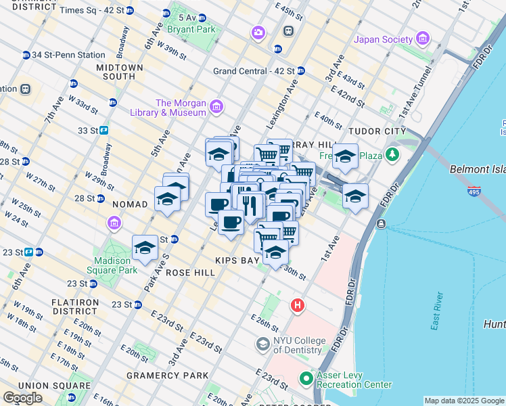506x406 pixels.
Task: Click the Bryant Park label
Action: click(x=194, y=30)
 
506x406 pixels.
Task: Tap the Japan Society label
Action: click(x=382, y=39)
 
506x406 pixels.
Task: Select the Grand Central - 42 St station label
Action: click(x=254, y=71)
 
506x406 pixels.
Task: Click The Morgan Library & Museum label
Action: click(x=181, y=108)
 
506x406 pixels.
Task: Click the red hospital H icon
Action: click(x=297, y=307)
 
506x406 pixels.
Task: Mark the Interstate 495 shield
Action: click(x=475, y=192)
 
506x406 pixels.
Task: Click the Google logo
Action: click(x=23, y=398)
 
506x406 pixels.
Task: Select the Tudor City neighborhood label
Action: click(x=377, y=131)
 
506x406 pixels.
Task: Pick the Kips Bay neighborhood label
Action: click(x=238, y=261)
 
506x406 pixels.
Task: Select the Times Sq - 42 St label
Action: click(x=91, y=11)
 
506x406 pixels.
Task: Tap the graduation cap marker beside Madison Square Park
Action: click(x=145, y=249)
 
